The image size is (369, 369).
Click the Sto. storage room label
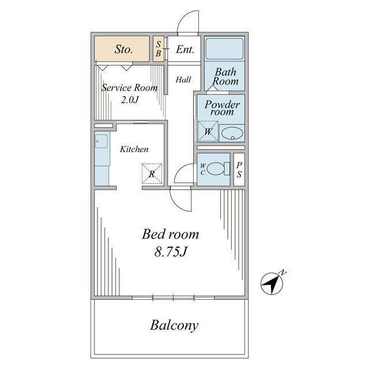pos(124,49)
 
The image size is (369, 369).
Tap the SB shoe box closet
pos(159,48)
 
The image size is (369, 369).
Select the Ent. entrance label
pos(185,50)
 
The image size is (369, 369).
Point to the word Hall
pos(183,80)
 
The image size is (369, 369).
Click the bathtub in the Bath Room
pos(224,48)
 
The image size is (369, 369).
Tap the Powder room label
pos(222,108)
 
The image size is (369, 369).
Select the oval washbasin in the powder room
pos(232,133)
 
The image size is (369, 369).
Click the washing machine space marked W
pos(208,131)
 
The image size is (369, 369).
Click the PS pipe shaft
pos(239,170)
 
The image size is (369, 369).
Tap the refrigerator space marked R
pos(152,174)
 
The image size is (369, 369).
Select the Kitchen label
pos(134,149)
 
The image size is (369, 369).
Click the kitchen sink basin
pos(101,141)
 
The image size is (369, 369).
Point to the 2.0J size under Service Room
pos(130,100)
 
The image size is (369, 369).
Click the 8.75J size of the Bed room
pos(171,251)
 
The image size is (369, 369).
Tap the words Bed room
pos(171,234)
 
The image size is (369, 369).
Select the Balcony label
pos(174,325)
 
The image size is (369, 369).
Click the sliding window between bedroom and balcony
pos(173,298)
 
